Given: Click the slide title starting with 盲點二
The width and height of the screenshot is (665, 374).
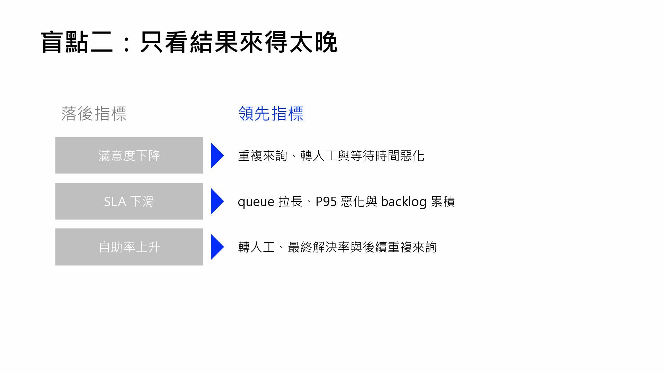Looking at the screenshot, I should [x=189, y=42].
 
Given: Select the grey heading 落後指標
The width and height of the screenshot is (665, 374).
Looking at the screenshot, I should [x=94, y=114].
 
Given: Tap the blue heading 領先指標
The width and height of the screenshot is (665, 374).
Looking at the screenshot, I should [x=271, y=114].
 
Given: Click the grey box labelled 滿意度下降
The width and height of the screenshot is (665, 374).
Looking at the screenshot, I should [x=129, y=155].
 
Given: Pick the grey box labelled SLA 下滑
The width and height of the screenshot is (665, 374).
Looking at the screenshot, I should [x=129, y=201].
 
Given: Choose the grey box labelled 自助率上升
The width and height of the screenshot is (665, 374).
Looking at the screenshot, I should [x=129, y=247].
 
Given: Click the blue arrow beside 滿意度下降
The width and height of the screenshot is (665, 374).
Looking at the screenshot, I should [x=217, y=155].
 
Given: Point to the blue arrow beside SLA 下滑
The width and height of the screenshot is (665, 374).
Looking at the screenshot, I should [x=217, y=201].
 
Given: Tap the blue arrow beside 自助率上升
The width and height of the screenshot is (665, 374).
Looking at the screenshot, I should [x=217, y=247].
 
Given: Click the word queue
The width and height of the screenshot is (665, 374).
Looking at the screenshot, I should [x=256, y=202].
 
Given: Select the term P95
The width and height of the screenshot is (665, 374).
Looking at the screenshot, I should [x=326, y=202].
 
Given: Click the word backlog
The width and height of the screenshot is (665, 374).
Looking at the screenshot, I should [x=404, y=202].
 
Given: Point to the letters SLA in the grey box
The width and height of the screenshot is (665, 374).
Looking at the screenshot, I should [x=115, y=202].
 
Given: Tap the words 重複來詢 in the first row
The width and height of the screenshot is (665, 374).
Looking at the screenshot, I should [x=263, y=156].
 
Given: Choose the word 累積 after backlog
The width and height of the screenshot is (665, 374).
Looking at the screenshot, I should [x=443, y=202].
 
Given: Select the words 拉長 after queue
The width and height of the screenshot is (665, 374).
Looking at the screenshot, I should [x=290, y=202].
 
